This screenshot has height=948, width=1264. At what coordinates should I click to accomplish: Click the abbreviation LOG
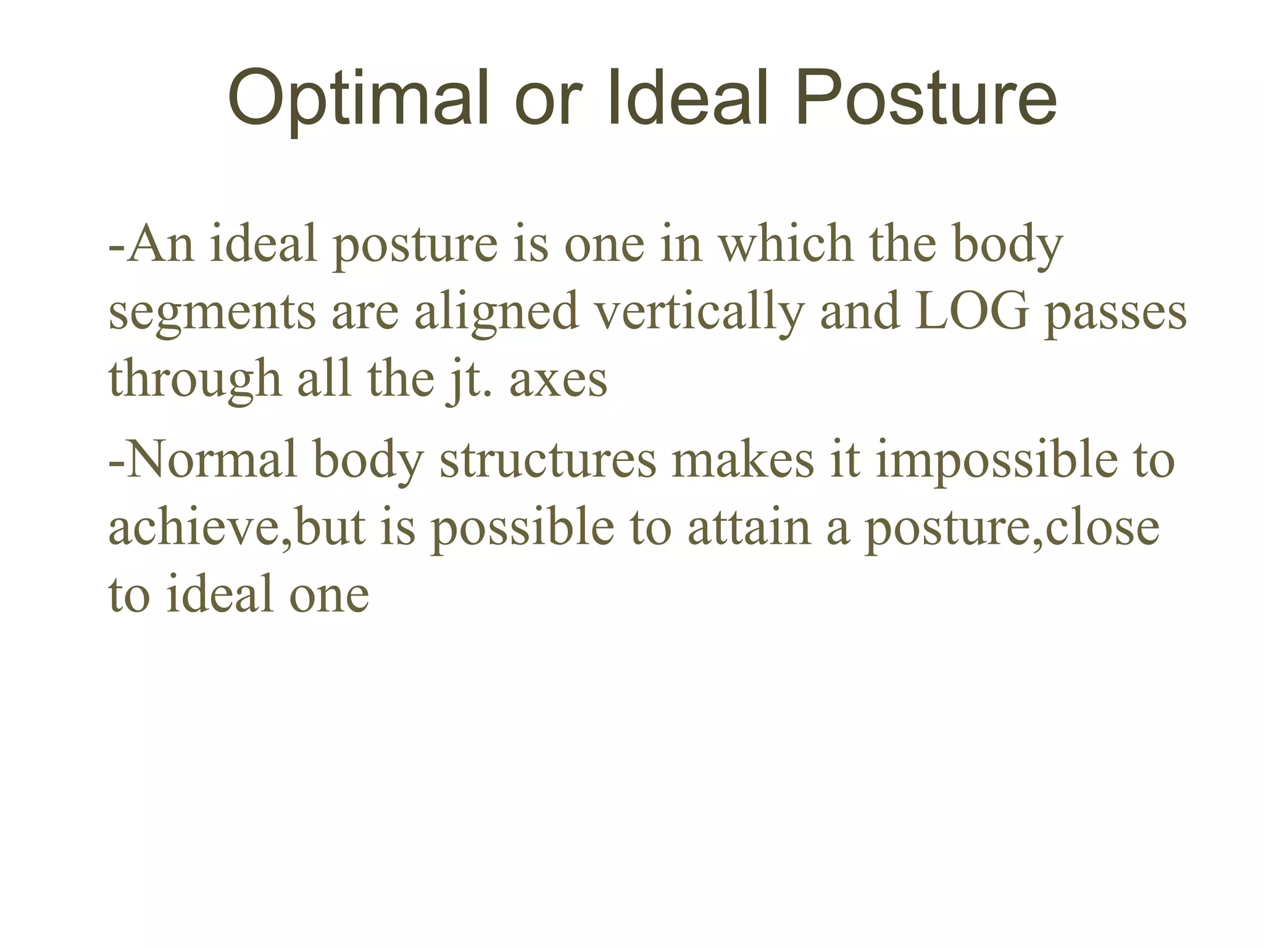[x=971, y=312]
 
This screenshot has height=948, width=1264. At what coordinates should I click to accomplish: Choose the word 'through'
[x=195, y=379]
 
